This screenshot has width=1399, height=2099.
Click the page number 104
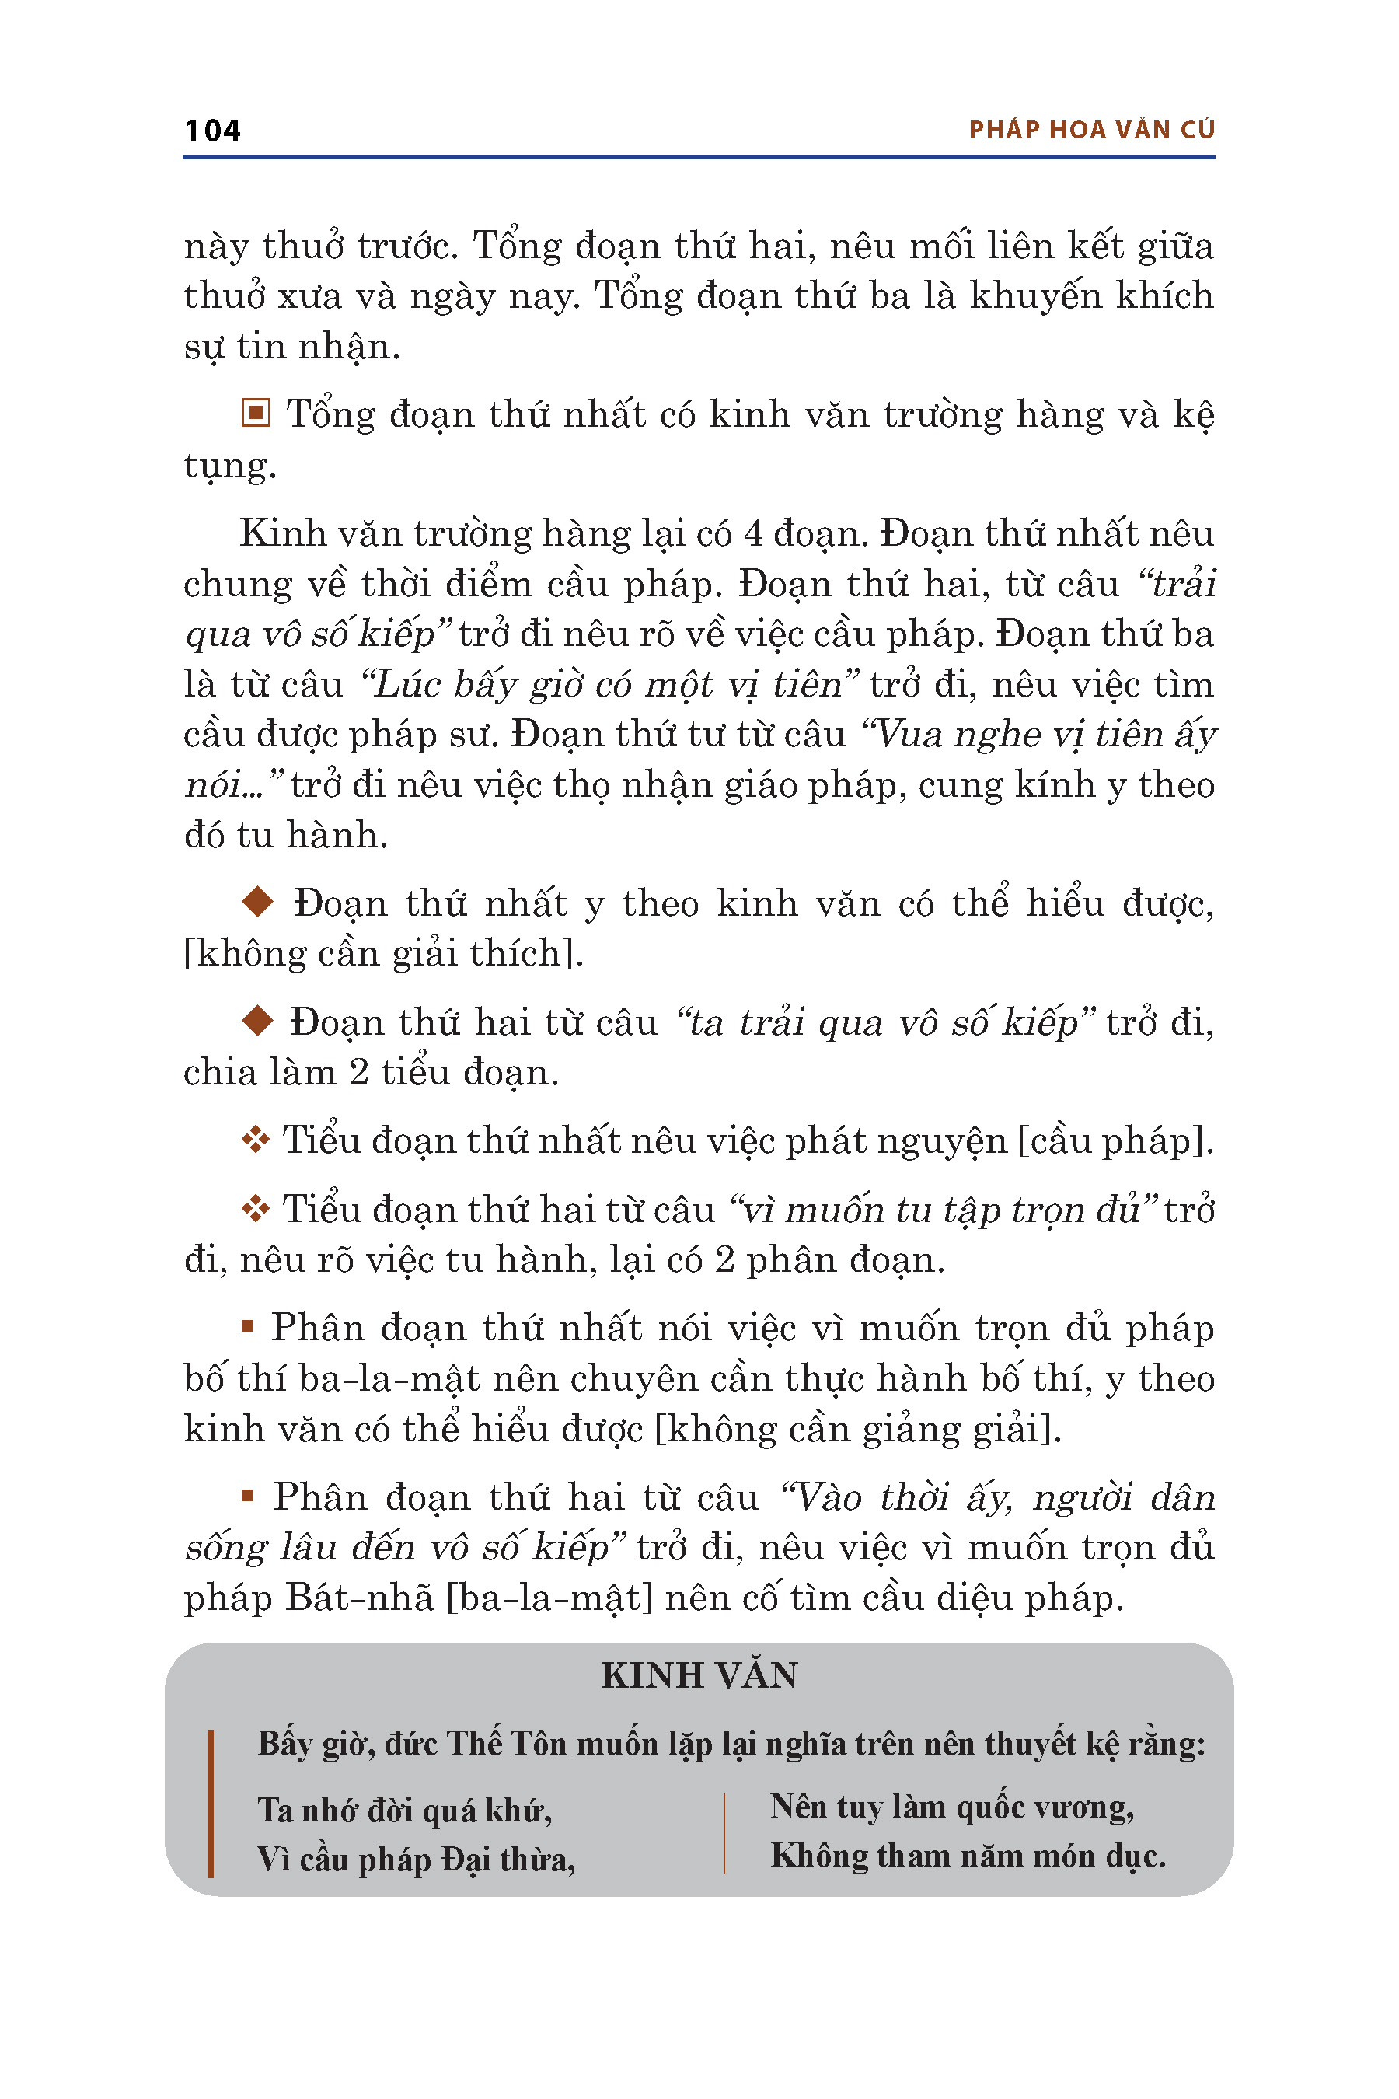coord(212,131)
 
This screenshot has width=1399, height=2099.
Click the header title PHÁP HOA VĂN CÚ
coord(1091,131)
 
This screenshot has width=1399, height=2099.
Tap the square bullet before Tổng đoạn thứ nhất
coord(256,414)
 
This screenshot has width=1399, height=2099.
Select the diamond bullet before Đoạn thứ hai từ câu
coord(258,1020)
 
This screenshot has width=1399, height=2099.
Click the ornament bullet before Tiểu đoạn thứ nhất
coord(256,1140)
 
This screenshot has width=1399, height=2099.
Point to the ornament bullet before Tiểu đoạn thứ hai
coord(256,1208)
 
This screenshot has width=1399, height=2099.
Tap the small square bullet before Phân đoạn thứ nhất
coord(247,1327)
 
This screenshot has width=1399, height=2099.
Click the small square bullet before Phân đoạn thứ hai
coord(247,1496)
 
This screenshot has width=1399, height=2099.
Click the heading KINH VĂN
coord(699,1675)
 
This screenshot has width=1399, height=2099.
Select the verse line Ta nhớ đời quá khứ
coord(404,1811)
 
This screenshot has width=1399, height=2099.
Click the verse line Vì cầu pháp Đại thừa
coord(416,1860)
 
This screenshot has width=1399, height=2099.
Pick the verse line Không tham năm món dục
coord(968,1856)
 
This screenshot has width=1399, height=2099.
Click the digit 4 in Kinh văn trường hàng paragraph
coord(753,533)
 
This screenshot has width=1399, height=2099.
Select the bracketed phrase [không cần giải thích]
coord(384,953)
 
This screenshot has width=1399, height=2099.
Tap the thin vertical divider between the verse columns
coord(724,1832)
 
